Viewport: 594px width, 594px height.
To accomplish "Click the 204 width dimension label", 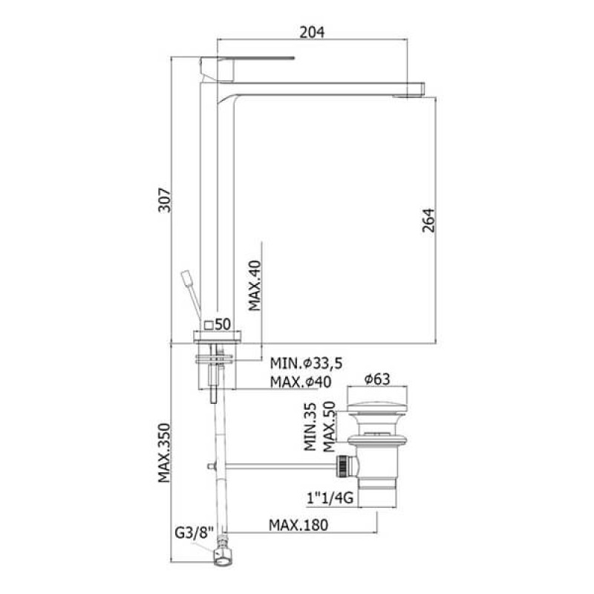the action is [x=312, y=32].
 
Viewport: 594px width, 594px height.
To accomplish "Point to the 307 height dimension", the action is [x=165, y=200].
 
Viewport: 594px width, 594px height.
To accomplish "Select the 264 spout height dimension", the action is [x=428, y=220].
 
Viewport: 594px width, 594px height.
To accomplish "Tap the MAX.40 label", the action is [x=255, y=285].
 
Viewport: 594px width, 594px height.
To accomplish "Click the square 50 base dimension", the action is [x=218, y=324].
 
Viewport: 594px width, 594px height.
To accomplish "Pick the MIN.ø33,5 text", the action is [x=306, y=363].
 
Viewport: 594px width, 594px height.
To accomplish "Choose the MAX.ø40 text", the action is [x=301, y=382].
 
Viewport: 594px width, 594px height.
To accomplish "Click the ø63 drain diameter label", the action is [x=377, y=379].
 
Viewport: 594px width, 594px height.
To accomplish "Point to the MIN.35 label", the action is [x=310, y=426].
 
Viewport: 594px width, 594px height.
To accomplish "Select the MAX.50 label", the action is [x=329, y=426].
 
